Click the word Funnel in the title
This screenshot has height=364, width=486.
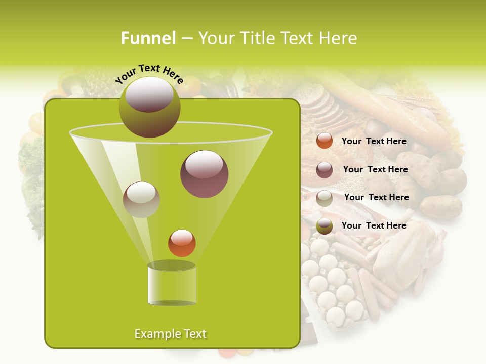coord(148,38)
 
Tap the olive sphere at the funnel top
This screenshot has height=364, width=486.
coord(149,107)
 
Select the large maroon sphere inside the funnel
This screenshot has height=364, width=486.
coord(204,174)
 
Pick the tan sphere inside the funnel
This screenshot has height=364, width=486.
coord(141,199)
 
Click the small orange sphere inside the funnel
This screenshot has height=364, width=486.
coord(182,243)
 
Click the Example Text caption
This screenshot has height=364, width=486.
coord(171,334)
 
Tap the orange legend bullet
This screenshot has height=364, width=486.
coord(325,141)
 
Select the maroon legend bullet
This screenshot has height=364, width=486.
coord(325,170)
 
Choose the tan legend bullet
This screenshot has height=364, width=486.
coord(325,198)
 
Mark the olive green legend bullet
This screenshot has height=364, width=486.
coord(325,226)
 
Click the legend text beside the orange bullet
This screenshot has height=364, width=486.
coord(374,141)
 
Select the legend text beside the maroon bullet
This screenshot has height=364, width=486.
coord(375,169)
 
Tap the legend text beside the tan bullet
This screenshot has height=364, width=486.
coord(376,197)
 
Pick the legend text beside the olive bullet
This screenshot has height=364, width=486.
coord(374,225)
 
